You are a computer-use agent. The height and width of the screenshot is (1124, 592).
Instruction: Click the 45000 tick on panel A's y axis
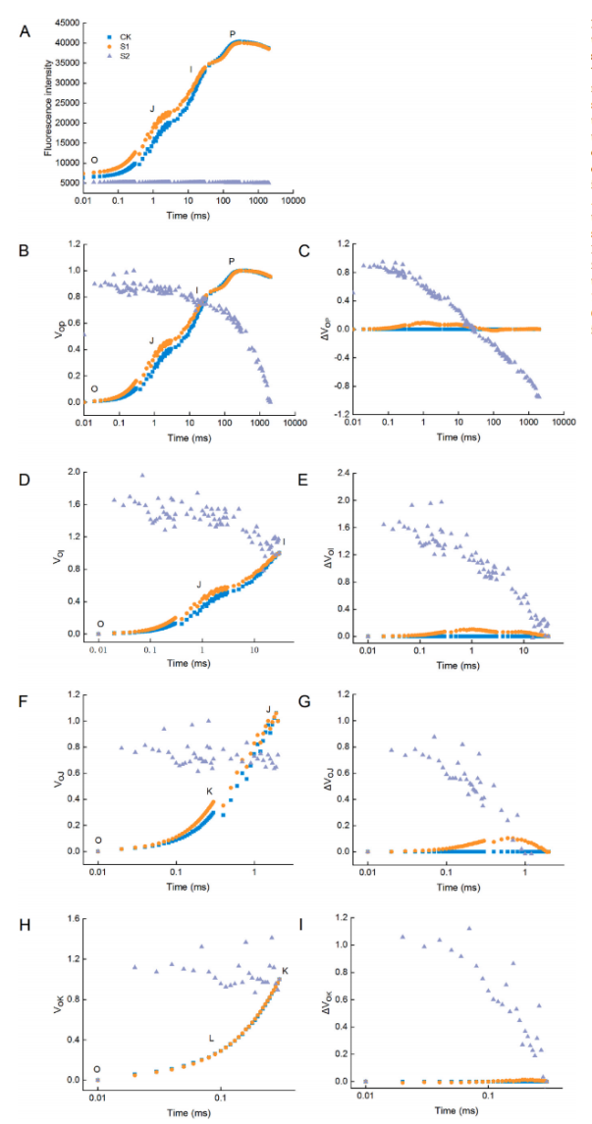[x=66, y=23]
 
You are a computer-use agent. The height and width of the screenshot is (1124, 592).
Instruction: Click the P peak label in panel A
[x=233, y=34]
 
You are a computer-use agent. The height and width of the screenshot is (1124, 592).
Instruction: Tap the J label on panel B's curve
[x=152, y=339]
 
